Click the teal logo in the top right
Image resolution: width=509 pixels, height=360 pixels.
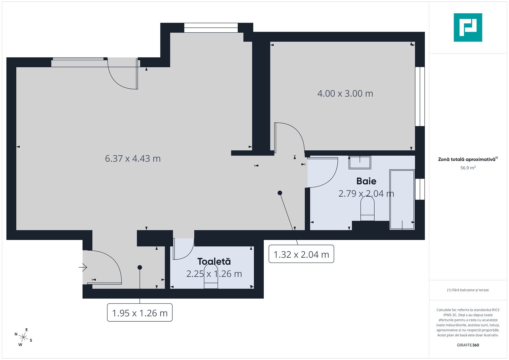tap(468, 27)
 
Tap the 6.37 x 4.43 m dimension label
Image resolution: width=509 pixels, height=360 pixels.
tap(133, 159)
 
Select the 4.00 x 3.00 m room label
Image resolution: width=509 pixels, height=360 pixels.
tap(345, 94)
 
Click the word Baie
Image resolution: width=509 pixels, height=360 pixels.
tap(366, 181)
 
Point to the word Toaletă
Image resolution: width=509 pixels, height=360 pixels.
tap(214, 261)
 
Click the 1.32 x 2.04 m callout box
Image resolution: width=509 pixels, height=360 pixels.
tap(301, 254)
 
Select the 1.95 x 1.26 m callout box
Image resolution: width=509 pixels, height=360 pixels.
tap(140, 313)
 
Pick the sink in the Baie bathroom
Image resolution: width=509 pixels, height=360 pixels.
tap(360, 162)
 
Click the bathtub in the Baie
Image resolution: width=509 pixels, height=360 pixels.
tap(402, 199)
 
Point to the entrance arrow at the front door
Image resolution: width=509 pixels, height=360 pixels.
tap(83, 267)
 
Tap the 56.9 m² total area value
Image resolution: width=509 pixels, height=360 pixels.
tap(468, 168)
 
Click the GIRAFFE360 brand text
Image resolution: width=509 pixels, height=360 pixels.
tap(468, 345)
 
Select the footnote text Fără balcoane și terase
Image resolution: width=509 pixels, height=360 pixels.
tap(468, 290)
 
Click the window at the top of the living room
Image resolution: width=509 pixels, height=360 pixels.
tap(211, 28)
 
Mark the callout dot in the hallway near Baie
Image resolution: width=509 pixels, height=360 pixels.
tap(280, 193)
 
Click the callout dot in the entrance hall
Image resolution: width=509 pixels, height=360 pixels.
tap(140, 267)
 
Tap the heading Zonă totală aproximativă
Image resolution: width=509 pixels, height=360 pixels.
tap(467, 159)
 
